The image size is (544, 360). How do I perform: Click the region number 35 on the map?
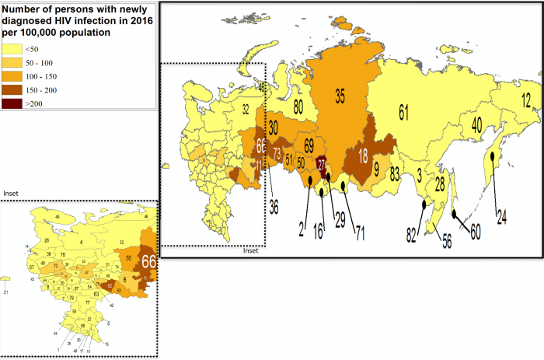tap(339, 96)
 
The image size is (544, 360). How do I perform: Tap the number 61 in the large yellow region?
tap(403, 112)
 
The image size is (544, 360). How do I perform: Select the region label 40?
tap(476, 124)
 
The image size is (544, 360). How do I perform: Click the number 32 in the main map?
tap(245, 110)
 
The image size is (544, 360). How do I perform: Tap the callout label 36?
tap(273, 207)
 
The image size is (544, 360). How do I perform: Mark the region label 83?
tap(396, 172)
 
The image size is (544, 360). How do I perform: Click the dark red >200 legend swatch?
tap(12, 103)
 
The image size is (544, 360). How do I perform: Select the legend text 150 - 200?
tap(40, 89)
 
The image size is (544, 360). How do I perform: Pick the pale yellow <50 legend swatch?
tap(12, 50)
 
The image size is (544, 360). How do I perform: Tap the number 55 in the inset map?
tap(128, 256)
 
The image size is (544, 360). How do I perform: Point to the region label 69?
tap(309, 145)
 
